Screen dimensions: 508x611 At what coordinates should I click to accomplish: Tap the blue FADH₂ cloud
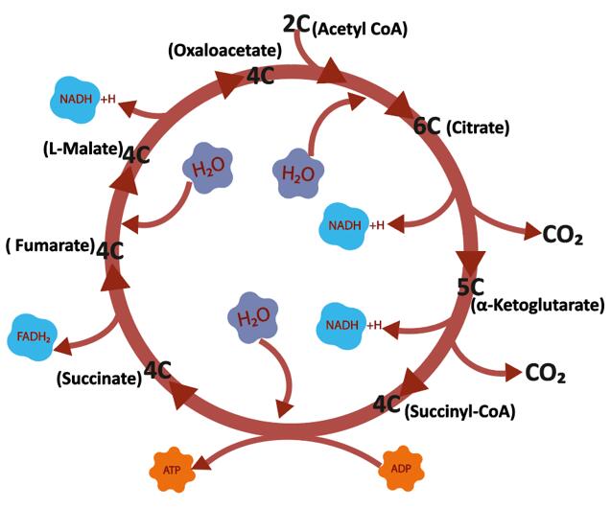[x=34, y=335]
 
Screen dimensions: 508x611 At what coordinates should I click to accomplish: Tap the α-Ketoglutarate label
[x=538, y=306]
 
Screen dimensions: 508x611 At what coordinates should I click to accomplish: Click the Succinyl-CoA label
[x=460, y=412]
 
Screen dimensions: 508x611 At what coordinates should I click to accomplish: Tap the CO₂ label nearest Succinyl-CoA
[x=547, y=373]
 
